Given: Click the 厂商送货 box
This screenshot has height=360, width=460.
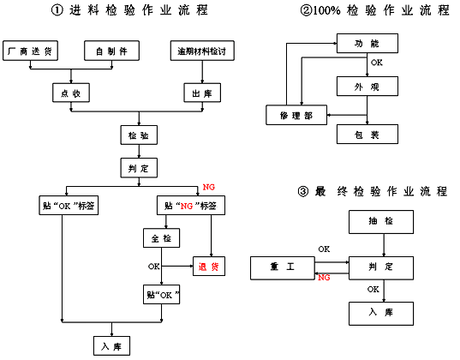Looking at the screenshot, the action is coord(30,51).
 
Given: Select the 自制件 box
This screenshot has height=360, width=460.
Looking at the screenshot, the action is coord(111,51).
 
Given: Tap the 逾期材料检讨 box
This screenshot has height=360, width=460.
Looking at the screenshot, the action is coord(202,51).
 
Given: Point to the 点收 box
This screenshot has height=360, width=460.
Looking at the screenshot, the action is coord(71,93).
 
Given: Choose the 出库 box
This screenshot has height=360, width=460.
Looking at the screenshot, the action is coord(202,93).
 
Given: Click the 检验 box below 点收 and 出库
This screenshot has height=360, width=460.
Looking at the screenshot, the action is coord(139,135).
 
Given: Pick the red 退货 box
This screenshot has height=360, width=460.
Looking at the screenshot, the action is coord(209,267).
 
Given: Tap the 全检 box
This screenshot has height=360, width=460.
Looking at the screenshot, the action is coord(161,237).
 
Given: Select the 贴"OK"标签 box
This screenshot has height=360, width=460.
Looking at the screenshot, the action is coord(69,206).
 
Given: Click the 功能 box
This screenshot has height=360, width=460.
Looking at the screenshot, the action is coord(367,43).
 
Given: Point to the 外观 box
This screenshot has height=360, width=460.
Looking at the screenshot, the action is coord(367,87).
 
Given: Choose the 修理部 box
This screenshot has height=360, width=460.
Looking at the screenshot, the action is coord(296,115).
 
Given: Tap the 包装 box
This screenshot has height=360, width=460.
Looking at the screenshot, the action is coord(367,135).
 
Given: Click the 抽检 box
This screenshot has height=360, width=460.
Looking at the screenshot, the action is coord(381,222).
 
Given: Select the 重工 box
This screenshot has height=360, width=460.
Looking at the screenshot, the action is coord(283,268).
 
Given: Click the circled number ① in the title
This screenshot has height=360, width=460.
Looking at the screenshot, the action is coord(57,10).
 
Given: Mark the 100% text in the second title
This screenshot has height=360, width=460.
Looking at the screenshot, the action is coord(326,11).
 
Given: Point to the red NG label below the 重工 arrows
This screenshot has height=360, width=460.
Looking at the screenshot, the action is coord(324,278).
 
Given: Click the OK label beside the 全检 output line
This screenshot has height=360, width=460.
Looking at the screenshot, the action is coord(153,267).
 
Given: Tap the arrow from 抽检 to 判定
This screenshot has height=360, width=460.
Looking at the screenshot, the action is coord(384,245).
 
